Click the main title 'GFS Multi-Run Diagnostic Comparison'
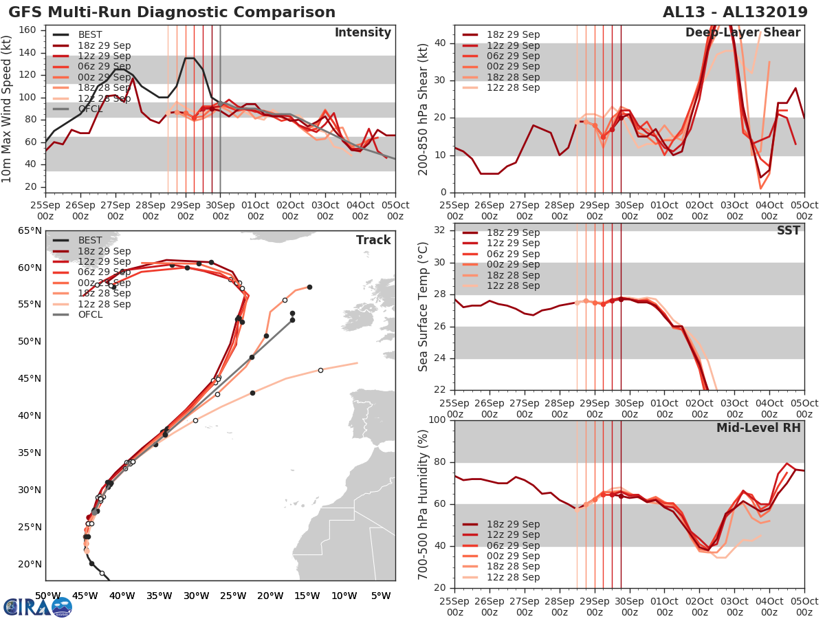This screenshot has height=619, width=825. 172,12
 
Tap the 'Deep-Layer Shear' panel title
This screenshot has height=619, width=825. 742,33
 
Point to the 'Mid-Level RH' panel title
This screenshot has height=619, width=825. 758,428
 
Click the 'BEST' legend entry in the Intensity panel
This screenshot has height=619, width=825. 89,34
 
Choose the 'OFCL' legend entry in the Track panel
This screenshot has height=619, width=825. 89,314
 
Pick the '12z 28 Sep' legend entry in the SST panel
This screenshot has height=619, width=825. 514,285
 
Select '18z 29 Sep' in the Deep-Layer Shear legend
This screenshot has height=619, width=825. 514,34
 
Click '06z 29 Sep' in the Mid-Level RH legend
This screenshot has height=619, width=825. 514,545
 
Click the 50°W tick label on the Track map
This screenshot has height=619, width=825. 46,596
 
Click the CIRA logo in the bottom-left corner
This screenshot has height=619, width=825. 38,607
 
